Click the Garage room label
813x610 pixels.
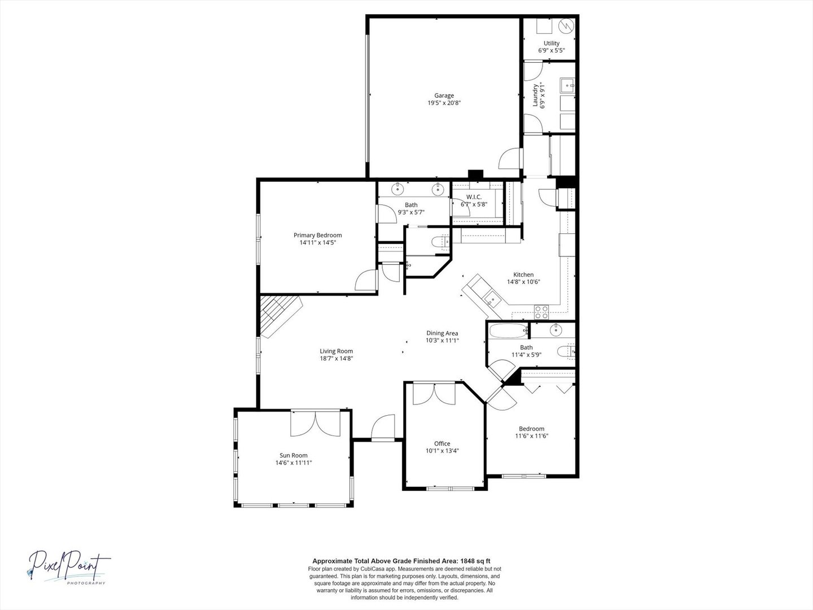[444, 95]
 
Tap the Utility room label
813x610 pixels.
[552, 43]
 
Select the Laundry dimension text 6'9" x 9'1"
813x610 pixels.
[543, 95]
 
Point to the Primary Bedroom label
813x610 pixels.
[318, 235]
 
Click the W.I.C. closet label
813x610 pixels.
[474, 197]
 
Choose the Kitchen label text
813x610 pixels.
[523, 274]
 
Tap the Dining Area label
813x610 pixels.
[442, 333]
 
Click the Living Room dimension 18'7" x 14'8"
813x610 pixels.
[336, 358]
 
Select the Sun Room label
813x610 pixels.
[294, 455]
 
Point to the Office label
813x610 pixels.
[442, 443]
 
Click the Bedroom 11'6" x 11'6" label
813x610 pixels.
[531, 432]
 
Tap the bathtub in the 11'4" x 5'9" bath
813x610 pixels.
[508, 330]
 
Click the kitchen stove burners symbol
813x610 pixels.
[541, 312]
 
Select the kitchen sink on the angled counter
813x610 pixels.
[492, 298]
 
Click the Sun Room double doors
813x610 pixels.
[315, 423]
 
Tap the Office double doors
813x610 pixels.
[434, 393]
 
